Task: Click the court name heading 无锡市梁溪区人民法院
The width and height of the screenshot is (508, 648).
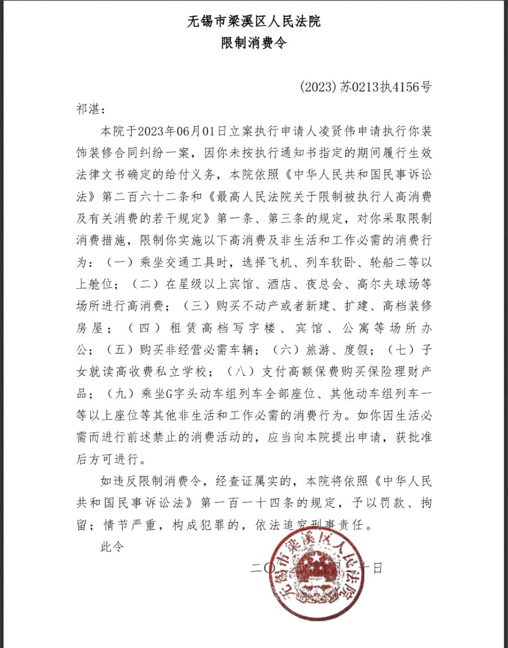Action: (x=253, y=22)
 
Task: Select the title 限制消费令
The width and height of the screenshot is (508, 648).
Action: (x=253, y=43)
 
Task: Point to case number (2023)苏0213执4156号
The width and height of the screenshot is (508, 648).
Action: (x=365, y=87)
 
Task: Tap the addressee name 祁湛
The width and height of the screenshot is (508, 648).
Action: (x=87, y=109)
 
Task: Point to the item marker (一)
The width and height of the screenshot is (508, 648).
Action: (x=115, y=264)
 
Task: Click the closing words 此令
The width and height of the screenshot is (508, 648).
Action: (x=112, y=546)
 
